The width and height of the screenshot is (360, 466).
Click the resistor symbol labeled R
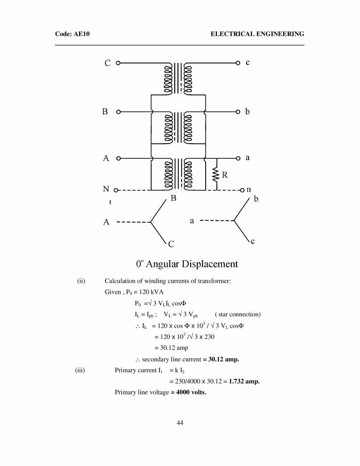(216, 175)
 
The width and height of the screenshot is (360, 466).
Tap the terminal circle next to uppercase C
(118, 63)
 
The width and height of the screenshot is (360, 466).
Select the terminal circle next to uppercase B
(119, 112)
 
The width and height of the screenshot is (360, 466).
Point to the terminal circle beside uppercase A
(119, 158)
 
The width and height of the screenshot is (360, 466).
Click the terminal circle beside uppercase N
(116, 190)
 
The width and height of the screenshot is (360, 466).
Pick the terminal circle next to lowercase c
(238, 63)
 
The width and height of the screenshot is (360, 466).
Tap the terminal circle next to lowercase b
(239, 112)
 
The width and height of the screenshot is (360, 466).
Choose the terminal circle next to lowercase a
(239, 158)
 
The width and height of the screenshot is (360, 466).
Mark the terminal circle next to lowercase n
(241, 190)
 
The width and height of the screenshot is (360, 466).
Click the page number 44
(180, 423)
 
